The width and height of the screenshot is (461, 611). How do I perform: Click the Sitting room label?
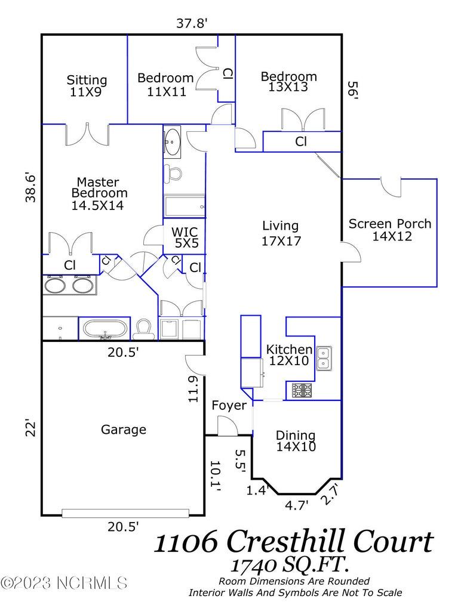coord(87,86)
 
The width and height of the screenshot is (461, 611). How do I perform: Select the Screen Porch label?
coord(390,230)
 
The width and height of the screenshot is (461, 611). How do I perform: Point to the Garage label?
coord(124,429)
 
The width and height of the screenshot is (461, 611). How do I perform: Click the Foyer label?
coord(229,406)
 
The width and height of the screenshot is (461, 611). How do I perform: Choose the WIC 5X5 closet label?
coord(185,237)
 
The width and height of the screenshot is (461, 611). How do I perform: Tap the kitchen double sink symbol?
coord(324,358)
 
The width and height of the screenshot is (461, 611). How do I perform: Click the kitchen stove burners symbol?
coord(302,391)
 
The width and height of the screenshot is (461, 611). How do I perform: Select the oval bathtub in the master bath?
coord(105,329)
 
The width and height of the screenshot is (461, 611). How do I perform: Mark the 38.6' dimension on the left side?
coord(32,188)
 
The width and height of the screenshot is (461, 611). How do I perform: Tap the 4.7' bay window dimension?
coord(297,505)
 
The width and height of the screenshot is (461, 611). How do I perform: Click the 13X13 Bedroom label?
coord(288,82)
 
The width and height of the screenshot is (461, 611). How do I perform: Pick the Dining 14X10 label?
coord(296,441)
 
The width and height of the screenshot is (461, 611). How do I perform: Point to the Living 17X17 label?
coord(281,233)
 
